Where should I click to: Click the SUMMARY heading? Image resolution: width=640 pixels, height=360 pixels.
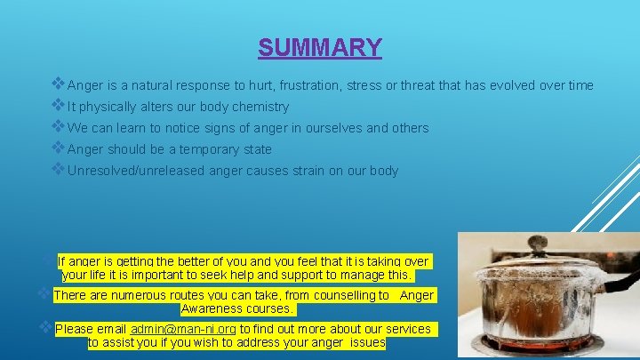(320, 47)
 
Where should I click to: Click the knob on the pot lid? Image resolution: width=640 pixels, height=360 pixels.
(537, 243)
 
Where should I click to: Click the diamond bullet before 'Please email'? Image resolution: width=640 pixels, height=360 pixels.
(45, 328)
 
